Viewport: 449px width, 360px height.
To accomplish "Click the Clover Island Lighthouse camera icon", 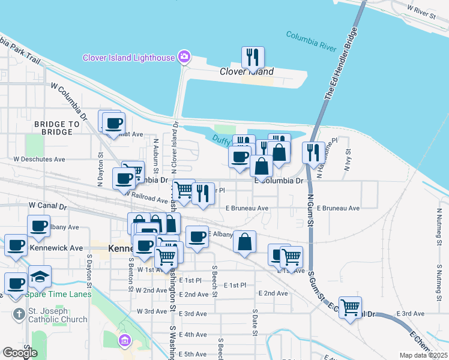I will [184, 58].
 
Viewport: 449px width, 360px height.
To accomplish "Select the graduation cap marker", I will [40, 276].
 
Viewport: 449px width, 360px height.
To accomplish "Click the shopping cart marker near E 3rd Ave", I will [350, 307].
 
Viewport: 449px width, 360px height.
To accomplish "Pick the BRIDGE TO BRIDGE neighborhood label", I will [57, 128].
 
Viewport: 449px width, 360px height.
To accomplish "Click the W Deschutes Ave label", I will [39, 160].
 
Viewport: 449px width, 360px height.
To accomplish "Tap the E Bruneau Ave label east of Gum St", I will [338, 208].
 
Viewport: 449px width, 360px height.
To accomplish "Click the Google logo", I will [19, 353].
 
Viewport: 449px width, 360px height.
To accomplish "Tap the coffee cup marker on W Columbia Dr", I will [124, 178].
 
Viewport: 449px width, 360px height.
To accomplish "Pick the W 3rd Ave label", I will [151, 311].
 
